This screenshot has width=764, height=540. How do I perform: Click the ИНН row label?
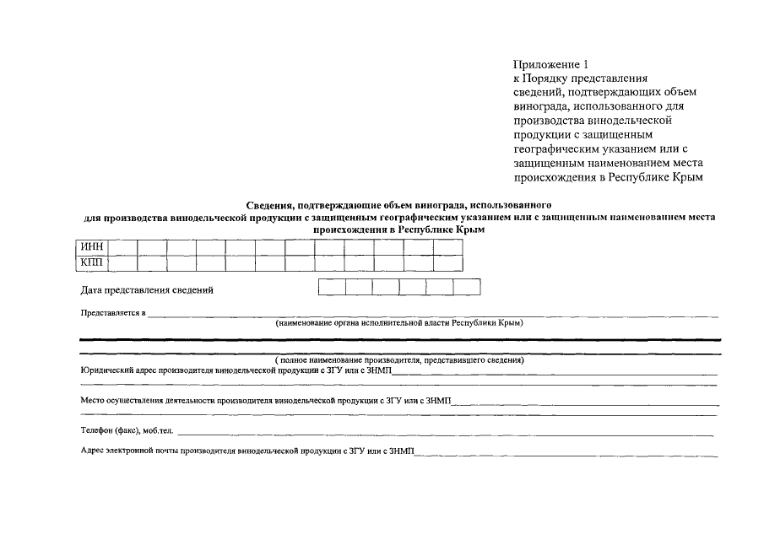[92, 247]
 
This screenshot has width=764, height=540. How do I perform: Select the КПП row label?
[92, 262]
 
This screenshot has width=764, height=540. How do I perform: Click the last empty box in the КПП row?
[447, 262]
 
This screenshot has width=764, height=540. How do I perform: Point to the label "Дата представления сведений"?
[147, 290]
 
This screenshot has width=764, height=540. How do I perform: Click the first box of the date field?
[332, 288]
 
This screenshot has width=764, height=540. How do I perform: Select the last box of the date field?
[466, 288]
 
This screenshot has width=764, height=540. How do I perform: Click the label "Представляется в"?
[113, 313]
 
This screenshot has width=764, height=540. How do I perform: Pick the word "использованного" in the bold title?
[512, 204]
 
